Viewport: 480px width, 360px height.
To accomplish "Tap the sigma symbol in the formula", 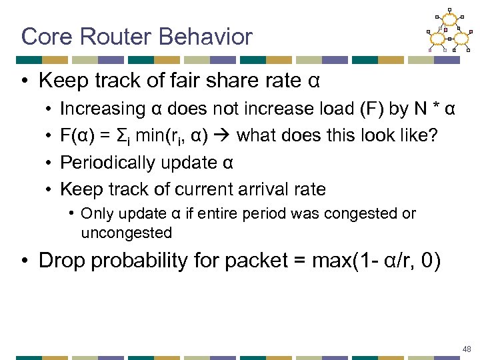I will click(x=131, y=136).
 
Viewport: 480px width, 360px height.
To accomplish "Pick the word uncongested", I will click(x=126, y=233).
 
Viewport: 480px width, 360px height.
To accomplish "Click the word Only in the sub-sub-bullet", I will click(x=95, y=214).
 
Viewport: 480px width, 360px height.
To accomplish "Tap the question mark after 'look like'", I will click(x=433, y=136).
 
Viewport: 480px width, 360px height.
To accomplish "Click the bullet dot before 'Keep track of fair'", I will click(x=23, y=81).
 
